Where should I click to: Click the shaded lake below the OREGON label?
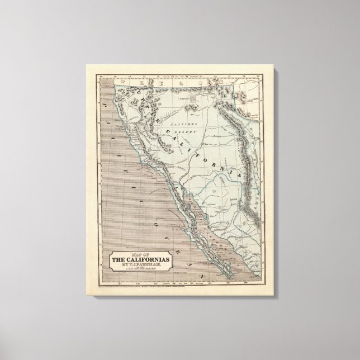(x=193, y=97)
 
